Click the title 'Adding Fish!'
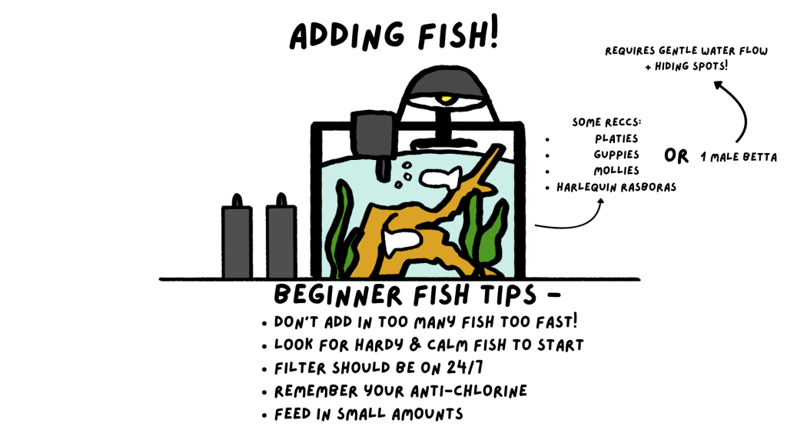[x=394, y=35]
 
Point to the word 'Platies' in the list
[x=616, y=138]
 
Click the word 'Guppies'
[x=616, y=155]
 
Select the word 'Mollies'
[x=616, y=171]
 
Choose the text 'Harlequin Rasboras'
[x=616, y=188]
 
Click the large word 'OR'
[x=676, y=156]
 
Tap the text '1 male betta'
[x=739, y=157]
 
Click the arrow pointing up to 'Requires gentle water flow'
[x=742, y=108]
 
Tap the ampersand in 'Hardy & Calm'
[x=415, y=345]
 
